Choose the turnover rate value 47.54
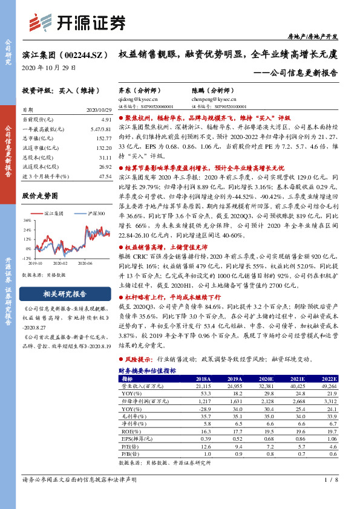[105, 175]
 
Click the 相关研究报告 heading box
[67, 294]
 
